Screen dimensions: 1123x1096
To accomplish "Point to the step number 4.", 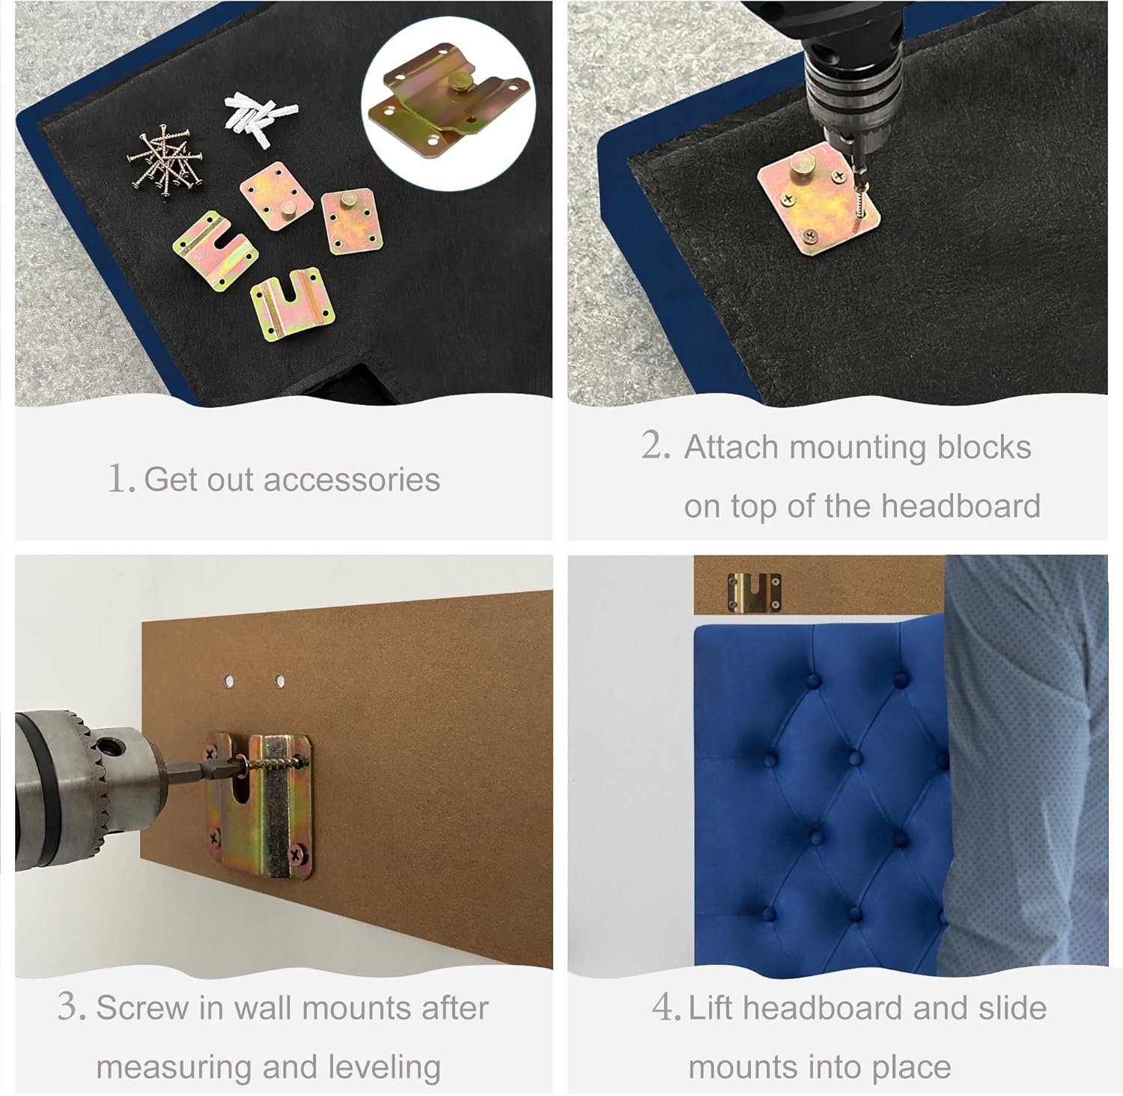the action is pyautogui.click(x=666, y=1007).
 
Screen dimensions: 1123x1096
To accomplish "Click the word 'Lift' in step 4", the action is pyautogui.click(x=711, y=1008).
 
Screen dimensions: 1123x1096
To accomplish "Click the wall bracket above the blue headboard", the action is pyautogui.click(x=755, y=592).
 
